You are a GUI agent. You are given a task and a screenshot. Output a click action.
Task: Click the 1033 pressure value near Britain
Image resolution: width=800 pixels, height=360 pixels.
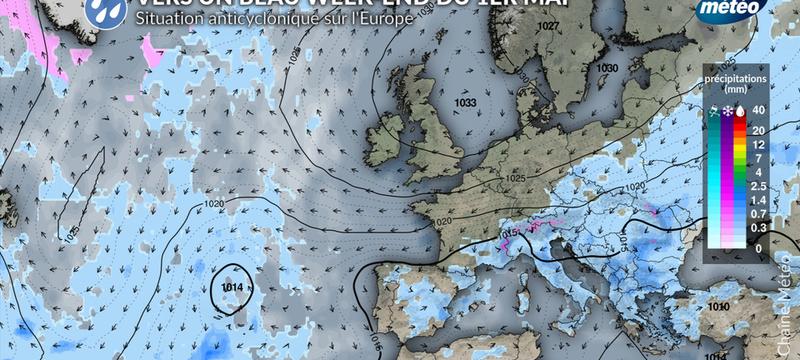tap(464, 102)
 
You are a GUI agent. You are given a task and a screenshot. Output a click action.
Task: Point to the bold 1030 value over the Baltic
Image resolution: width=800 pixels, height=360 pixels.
tap(607, 67)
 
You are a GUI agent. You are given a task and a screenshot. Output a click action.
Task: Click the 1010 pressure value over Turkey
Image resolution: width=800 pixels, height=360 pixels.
tap(717, 308)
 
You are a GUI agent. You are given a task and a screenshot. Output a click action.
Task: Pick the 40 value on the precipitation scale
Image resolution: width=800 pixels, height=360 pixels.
tap(758, 111)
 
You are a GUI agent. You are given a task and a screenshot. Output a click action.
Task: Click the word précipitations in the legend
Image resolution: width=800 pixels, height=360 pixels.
tap(735, 76)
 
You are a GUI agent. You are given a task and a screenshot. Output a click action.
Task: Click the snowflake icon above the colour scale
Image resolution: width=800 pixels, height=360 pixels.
tap(726, 111)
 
